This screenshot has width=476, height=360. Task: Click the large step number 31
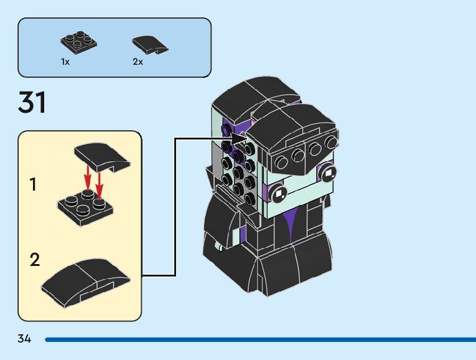pos(32,103)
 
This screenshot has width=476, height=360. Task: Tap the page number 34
pos(24,339)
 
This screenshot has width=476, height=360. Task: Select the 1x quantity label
pos(65,62)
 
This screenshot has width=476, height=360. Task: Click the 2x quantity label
pos(138,62)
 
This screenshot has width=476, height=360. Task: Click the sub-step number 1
pos(33,184)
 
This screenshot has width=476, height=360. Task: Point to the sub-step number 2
pos(35,259)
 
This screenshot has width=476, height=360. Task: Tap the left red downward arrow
pos(88,179)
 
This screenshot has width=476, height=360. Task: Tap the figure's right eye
pos(327,173)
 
